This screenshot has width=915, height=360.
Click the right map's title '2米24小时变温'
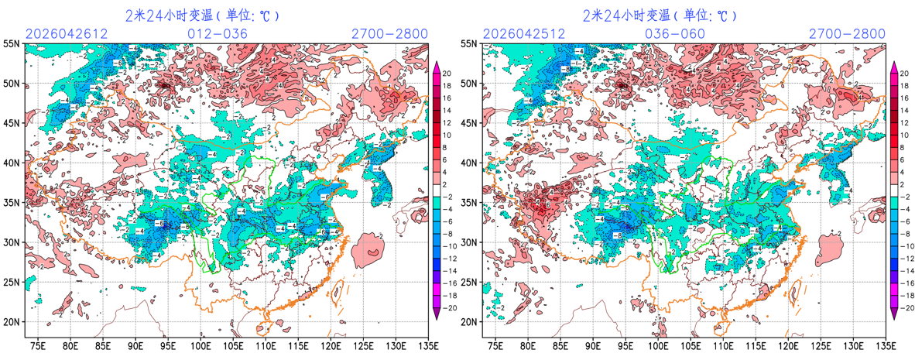[x=625, y=15]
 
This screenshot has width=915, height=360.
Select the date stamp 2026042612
[x=65, y=34]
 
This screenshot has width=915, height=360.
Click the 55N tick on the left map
[x=12, y=44]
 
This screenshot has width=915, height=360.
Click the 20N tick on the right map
[x=470, y=322]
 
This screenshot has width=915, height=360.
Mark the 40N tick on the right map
[x=470, y=163]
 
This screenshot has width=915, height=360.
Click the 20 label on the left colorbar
[x=447, y=73]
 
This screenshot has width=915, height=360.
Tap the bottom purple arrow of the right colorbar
[x=893, y=313]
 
